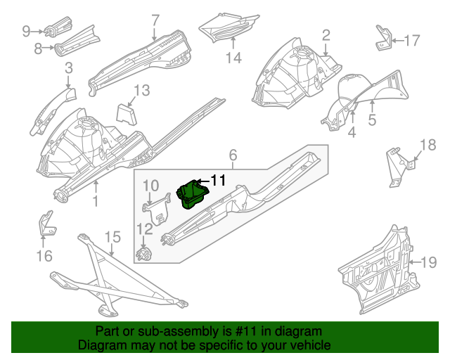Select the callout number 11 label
pos(218,181)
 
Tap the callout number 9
pos(27,30)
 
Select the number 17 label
pos(412,40)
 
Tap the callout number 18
pos(427,146)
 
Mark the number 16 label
pos(44,256)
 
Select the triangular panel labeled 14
pos(225,28)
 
